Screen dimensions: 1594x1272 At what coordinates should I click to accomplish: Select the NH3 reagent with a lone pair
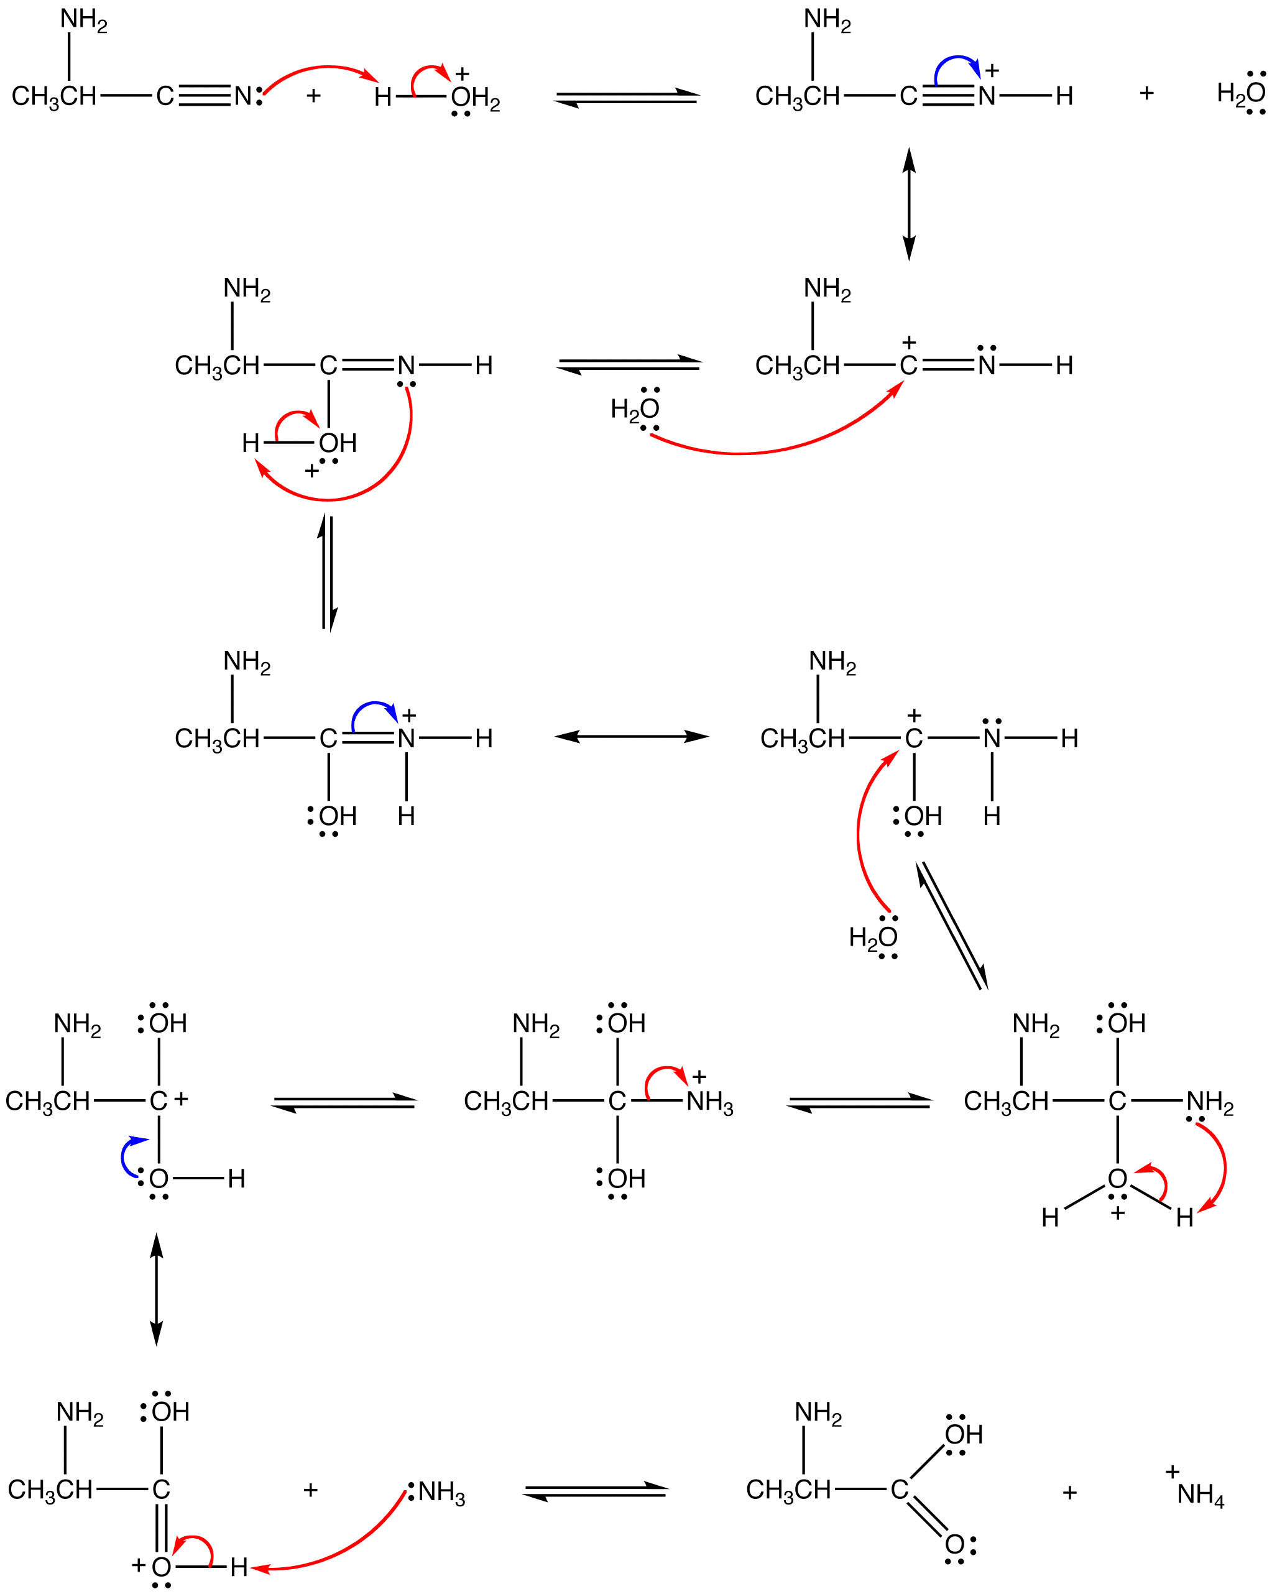440,1492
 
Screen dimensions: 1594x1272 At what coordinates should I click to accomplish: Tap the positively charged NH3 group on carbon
709,1102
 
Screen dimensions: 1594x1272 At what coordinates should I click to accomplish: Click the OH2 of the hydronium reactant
475,98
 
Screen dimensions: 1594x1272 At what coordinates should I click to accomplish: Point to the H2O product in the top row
1241,93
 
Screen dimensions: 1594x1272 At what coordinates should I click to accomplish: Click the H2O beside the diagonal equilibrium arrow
873,938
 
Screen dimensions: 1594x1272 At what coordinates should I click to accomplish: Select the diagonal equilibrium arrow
952,926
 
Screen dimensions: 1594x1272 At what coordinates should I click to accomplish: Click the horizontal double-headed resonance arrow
632,736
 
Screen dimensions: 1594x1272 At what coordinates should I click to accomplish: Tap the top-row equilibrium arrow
627,98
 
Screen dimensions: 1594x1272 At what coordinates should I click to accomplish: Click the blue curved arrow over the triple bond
957,62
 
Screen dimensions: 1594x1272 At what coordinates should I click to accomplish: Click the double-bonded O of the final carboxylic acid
955,1544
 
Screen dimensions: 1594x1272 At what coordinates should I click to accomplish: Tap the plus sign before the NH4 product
1069,1492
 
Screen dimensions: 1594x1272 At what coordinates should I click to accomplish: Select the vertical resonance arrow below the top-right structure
909,203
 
